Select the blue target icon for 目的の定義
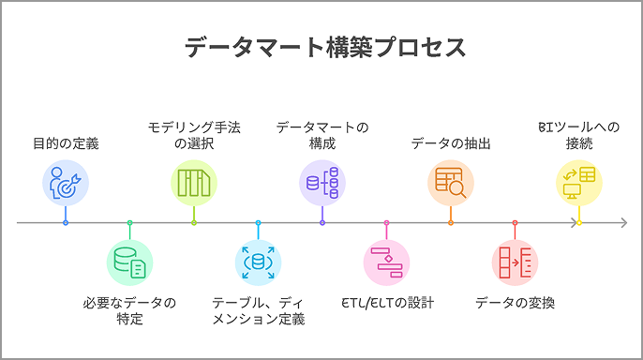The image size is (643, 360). click(66, 183)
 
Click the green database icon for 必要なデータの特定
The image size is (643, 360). click(129, 262)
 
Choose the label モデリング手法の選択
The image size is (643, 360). click(193, 135)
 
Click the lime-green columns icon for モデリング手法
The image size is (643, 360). click(193, 183)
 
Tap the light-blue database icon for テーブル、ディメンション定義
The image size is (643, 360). click(258, 262)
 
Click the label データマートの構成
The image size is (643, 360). click(321, 135)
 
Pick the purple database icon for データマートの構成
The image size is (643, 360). click(321, 183)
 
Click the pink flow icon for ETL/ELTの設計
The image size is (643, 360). click(386, 262)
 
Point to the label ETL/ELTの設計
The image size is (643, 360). click(386, 303)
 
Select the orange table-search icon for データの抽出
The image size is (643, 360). click(451, 183)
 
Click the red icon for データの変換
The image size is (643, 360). click(515, 262)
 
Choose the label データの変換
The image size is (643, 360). click(515, 303)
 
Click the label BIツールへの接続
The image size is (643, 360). click(579, 135)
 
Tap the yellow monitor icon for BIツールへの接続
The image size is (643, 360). click(579, 183)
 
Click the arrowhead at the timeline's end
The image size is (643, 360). click(622, 223)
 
